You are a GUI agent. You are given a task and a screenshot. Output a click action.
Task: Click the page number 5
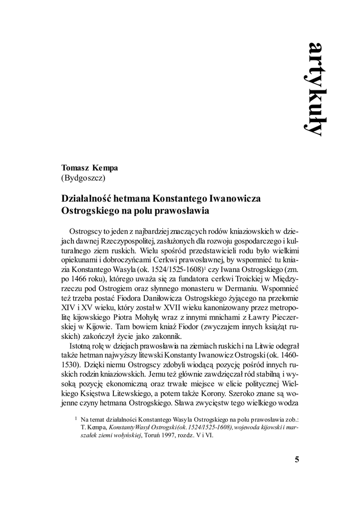pos(297,460)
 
